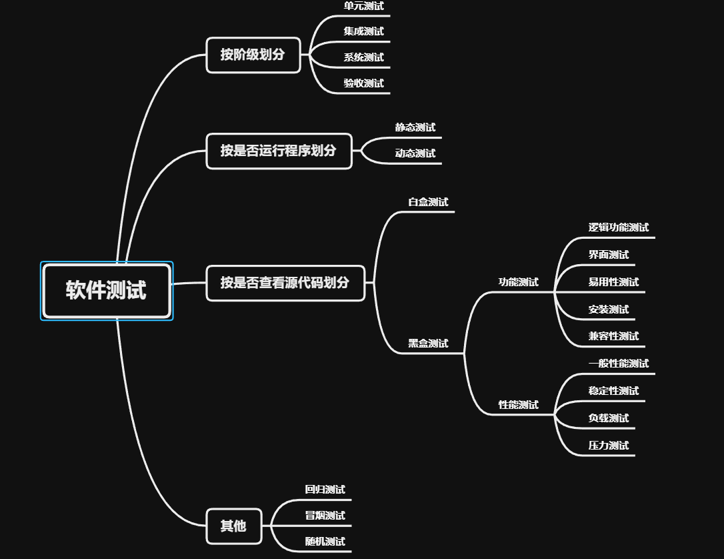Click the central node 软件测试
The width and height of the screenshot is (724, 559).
click(x=106, y=291)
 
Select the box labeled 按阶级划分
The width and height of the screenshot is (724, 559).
click(x=253, y=55)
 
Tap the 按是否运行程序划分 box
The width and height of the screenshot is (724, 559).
click(x=279, y=151)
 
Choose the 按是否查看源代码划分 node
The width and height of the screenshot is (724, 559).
click(x=285, y=283)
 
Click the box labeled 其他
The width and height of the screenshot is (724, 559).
click(x=233, y=526)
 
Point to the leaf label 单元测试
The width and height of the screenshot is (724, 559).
click(x=363, y=6)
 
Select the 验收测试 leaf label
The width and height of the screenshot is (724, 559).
click(x=363, y=83)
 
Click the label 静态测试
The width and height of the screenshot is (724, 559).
click(x=415, y=127)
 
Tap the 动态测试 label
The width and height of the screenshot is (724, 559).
click(x=415, y=153)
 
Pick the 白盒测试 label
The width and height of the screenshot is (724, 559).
click(x=428, y=202)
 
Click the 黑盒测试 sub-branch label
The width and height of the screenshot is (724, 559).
click(x=428, y=344)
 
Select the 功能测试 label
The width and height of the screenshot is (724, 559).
click(x=518, y=282)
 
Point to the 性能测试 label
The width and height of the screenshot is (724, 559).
click(x=518, y=405)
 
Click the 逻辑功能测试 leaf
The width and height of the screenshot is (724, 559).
click(x=618, y=227)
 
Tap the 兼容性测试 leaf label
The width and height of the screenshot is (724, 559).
click(x=613, y=336)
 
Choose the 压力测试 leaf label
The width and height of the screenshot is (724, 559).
click(x=608, y=446)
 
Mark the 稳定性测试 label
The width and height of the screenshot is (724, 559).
click(x=613, y=391)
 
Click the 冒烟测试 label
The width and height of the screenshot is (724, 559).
click(x=325, y=516)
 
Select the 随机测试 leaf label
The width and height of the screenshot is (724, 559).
click(x=325, y=542)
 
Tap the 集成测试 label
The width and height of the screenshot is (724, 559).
click(x=363, y=31)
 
